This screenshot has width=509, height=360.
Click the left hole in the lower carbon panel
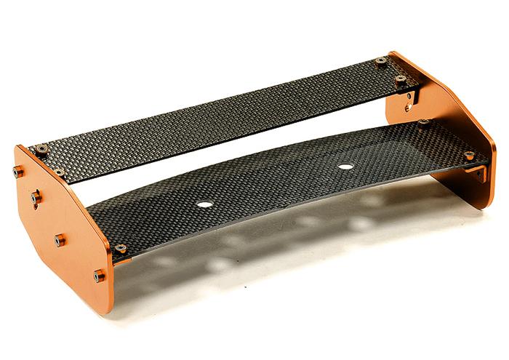point(205,204)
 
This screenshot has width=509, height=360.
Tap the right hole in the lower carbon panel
point(345,167)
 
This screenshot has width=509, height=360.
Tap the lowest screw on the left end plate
point(99,276)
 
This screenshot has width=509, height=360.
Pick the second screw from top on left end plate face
point(35,196)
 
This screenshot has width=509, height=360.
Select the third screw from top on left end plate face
point(59,239)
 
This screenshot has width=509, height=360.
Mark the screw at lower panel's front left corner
point(120,249)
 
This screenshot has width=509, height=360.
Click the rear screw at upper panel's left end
point(41,149)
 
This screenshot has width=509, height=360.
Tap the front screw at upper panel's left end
point(59,173)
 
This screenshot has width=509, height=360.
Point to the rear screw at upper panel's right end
point(380,61)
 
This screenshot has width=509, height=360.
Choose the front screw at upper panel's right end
point(399,79)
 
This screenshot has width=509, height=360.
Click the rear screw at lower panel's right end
point(423,123)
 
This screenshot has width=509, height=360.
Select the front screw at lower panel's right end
point(469,156)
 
